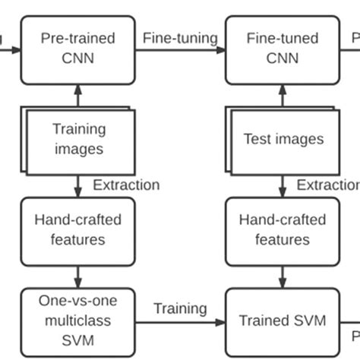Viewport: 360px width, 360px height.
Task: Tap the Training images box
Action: pyautogui.click(x=79, y=139)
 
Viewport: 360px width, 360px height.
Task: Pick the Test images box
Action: pyautogui.click(x=283, y=139)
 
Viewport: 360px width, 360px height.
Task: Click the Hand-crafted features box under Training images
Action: pyautogui.click(x=78, y=229)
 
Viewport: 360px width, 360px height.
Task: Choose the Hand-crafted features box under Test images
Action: pyautogui.click(x=283, y=229)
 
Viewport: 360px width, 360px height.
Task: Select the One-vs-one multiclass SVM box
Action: pyautogui.click(x=78, y=321)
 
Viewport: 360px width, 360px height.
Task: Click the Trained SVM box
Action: pyautogui.click(x=283, y=321)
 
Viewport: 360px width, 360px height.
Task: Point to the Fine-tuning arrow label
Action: pyautogui.click(x=180, y=37)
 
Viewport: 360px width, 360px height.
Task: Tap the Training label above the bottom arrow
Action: pyautogui.click(x=180, y=308)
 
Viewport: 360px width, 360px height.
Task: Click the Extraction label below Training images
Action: pyautogui.click(x=126, y=185)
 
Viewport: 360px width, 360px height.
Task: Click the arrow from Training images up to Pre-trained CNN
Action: pyautogui.click(x=78, y=96)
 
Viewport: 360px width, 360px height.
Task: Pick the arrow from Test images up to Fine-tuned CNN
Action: pyautogui.click(x=283, y=96)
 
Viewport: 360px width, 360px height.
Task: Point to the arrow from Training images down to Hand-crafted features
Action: pyautogui.click(x=78, y=185)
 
